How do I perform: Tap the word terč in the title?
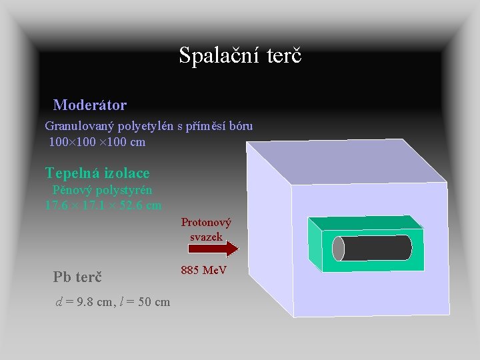[285, 55]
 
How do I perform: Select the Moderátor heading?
[90, 105]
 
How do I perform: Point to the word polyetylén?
[149, 125]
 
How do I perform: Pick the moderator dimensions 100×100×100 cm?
[97, 141]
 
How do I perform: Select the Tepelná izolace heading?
[97, 173]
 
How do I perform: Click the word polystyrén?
[126, 190]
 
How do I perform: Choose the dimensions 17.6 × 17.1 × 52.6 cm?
[103, 205]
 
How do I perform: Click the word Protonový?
[206, 222]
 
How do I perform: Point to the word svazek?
[206, 237]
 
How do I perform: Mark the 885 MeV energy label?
[204, 270]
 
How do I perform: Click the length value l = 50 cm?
[144, 302]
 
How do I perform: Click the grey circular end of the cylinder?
[339, 249]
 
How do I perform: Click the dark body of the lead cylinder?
[377, 248]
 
